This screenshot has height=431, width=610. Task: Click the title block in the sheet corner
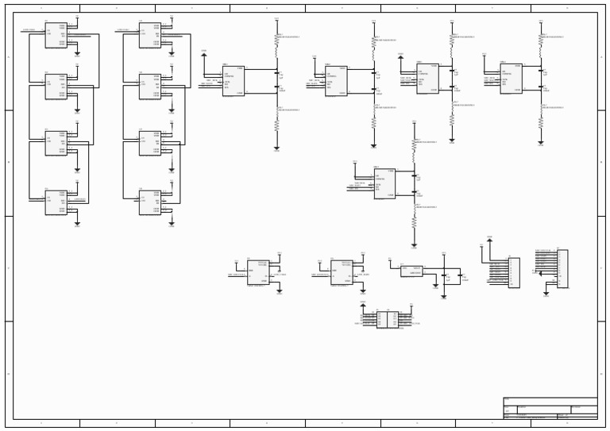pyautogui.click(x=550, y=408)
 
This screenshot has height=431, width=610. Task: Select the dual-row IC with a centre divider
pyautogui.click(x=388, y=319)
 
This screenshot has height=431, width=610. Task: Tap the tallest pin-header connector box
pyautogui.click(x=562, y=268)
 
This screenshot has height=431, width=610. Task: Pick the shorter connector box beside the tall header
pyautogui.click(x=514, y=272)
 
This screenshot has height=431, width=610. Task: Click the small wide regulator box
pyautogui.click(x=411, y=271)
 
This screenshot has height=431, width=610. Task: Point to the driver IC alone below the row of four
pyautogui.click(x=384, y=183)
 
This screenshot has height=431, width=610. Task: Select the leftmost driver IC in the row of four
pyautogui.click(x=233, y=81)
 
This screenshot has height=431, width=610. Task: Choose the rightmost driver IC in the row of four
pyautogui.click(x=511, y=78)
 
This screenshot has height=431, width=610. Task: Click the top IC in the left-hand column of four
pyautogui.click(x=56, y=35)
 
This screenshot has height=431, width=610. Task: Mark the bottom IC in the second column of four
pyautogui.click(x=150, y=202)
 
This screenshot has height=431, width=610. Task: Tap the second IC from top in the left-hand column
pyautogui.click(x=56, y=87)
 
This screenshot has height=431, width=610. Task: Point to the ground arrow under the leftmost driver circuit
pyautogui.click(x=276, y=148)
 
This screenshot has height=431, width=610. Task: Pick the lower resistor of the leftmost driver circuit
pyautogui.click(x=276, y=125)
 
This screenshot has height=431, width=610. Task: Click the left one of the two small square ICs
pyautogui.click(x=257, y=272)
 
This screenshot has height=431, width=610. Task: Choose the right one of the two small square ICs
pyautogui.click(x=342, y=272)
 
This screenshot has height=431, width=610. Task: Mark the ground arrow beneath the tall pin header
pyautogui.click(x=545, y=293)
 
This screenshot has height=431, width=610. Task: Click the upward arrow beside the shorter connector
pyautogui.click(x=489, y=239)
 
